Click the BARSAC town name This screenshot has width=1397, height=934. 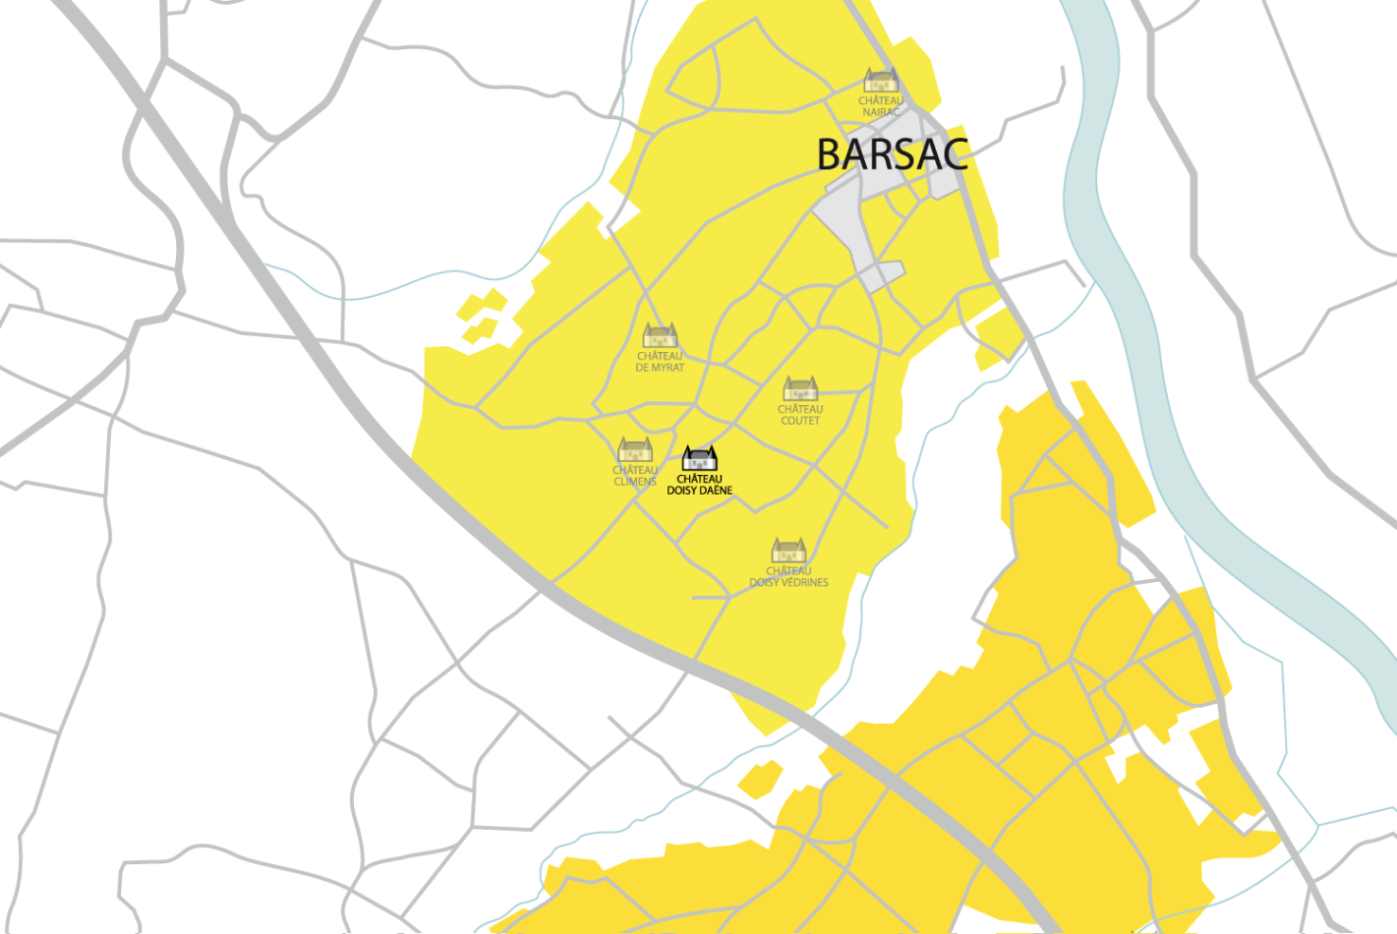pos(892,155)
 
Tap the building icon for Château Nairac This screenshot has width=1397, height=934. pos(881,80)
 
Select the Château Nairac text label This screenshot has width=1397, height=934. pos(881,106)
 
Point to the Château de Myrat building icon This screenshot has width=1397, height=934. pos(660,335)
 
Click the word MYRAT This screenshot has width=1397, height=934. pos(668,368)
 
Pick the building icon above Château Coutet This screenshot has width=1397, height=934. pos(800,388)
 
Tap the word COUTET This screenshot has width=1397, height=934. pos(800,421)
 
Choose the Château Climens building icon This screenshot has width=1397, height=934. pos(635,450)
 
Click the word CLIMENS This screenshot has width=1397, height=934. pos(635,482)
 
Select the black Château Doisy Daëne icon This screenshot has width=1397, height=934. pos(700,458)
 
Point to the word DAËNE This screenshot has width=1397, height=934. pos(716,491)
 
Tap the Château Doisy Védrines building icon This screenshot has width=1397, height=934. pos(788,551)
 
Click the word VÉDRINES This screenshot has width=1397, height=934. pos(803,583)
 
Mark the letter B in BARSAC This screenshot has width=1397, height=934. pos(831,155)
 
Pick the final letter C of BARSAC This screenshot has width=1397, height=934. pos(954,155)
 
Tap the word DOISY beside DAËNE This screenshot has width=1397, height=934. pos(682,491)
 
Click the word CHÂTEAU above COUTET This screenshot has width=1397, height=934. pos(800,409)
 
